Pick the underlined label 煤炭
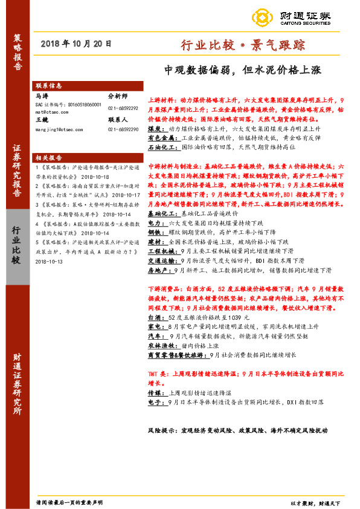[155, 129]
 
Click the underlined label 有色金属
[160, 138]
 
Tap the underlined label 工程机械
[160, 250]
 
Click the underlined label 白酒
[155, 317]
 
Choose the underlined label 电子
[155, 402]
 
